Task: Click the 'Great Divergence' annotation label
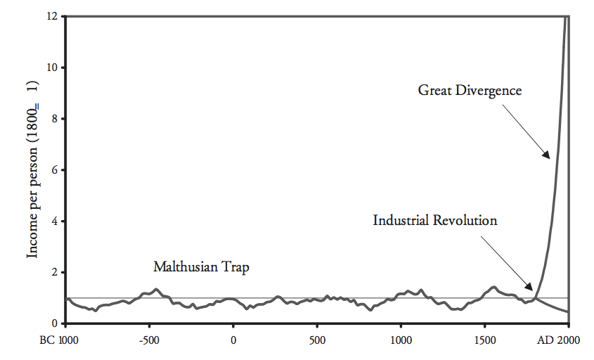[469, 90]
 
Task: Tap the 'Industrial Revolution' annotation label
[435, 220]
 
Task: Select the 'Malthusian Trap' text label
[202, 267]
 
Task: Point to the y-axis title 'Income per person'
[32, 169]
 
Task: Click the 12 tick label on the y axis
[51, 16]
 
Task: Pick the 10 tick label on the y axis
[51, 67]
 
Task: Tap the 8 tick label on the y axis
[54, 119]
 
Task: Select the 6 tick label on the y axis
[54, 170]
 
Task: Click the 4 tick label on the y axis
[54, 221]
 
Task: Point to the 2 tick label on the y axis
[54, 272]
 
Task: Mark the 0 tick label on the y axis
[54, 323]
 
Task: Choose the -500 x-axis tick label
[148, 340]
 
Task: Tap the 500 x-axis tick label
[317, 340]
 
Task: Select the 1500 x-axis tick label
[485, 340]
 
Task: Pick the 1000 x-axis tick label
[401, 340]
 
